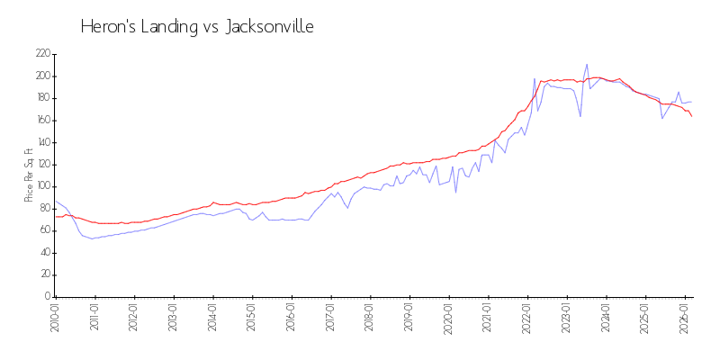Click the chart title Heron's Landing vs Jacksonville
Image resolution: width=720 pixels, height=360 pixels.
tap(197, 27)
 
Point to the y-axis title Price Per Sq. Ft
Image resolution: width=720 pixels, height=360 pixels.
tap(29, 175)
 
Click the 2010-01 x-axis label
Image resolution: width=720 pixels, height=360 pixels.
tap(55, 319)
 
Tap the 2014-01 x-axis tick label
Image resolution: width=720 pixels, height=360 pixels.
tap(212, 319)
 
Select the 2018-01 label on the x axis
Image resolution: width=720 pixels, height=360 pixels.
tap(370, 319)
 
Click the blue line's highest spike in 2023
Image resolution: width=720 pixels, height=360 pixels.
tap(587, 65)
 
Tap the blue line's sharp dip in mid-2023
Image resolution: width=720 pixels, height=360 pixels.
tap(580, 116)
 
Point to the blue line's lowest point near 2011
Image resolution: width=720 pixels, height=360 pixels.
tap(91, 238)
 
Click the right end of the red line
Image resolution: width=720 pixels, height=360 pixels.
tap(691, 116)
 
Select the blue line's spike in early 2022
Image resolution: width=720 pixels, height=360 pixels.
tap(535, 79)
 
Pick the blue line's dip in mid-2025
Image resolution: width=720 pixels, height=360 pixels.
tap(662, 118)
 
